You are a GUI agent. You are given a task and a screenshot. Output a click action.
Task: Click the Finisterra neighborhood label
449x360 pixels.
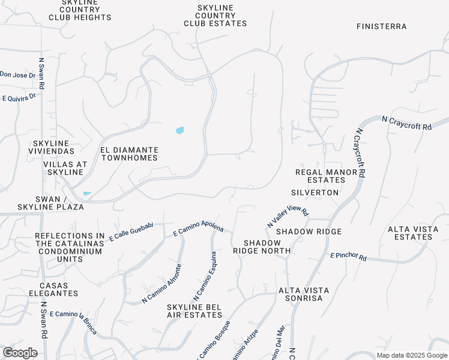pos(381,26)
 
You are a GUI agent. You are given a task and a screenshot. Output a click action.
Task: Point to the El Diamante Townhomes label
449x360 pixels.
pos(129,154)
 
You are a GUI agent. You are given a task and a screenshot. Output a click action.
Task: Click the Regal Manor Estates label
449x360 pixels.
pos(330,176)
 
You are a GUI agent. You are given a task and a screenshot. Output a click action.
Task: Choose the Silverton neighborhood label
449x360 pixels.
pos(315,193)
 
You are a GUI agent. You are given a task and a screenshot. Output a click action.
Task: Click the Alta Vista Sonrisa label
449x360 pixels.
pos(304,294)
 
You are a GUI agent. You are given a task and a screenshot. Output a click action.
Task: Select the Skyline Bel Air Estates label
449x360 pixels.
pos(194,311)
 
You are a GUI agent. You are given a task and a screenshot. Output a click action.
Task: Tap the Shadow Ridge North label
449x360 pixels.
pos(262,247)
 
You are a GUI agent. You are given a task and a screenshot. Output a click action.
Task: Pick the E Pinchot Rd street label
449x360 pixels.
pos(348,256)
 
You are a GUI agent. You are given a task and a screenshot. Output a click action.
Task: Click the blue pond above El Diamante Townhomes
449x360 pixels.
pos(179,130)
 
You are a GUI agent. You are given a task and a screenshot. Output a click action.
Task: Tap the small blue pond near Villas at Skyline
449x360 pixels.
pos(88,193)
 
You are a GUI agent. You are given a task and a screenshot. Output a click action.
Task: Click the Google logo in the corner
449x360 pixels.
pos(20,353)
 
